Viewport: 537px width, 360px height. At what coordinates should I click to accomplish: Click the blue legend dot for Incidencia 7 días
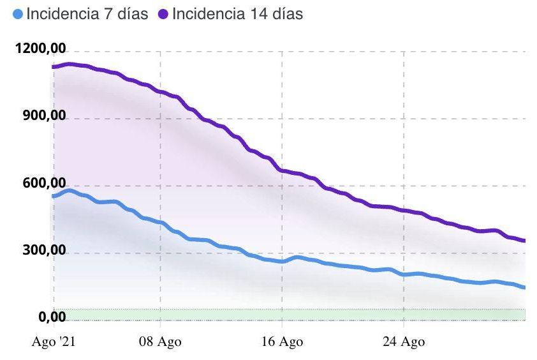click(18, 14)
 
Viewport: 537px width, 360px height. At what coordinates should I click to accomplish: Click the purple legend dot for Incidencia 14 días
click(163, 14)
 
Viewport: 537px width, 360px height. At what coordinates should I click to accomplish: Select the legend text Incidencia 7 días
click(87, 14)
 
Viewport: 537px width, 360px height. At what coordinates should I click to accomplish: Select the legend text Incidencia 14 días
click(237, 14)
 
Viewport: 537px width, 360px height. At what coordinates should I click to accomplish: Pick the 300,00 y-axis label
click(43, 250)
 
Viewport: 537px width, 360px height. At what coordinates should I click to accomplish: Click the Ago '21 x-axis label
click(54, 343)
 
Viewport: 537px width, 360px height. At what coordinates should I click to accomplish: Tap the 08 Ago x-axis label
click(160, 343)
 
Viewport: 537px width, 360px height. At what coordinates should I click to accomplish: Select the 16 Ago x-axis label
click(281, 343)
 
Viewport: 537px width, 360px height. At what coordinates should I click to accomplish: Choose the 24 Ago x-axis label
click(404, 343)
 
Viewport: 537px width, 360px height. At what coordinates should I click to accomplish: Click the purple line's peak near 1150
click(70, 64)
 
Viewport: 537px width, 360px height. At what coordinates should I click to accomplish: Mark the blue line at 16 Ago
click(282, 261)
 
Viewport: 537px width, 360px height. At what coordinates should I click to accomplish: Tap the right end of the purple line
click(524, 241)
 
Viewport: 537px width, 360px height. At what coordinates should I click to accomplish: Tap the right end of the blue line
click(524, 287)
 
